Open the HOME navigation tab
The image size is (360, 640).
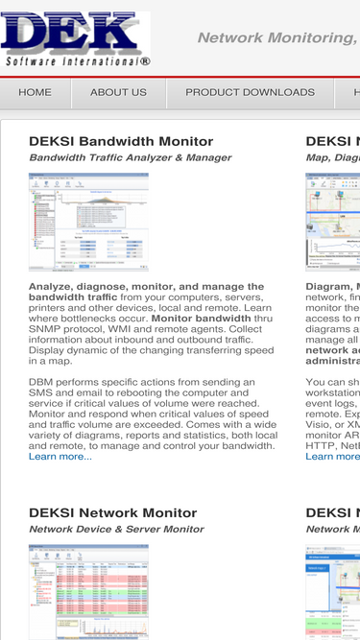point(36,93)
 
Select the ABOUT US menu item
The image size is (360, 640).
point(118,93)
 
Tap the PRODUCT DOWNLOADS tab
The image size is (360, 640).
point(250,93)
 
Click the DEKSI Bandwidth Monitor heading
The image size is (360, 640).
point(121,142)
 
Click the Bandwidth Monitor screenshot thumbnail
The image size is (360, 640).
point(88,222)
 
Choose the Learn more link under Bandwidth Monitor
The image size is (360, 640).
point(60,456)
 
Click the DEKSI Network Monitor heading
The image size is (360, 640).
point(112,513)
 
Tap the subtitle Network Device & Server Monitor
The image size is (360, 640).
point(116,529)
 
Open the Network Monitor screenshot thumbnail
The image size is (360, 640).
point(88,591)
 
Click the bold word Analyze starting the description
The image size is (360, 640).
point(52,287)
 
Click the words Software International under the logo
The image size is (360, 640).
point(77,61)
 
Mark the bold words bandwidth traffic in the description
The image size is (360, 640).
point(73,298)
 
